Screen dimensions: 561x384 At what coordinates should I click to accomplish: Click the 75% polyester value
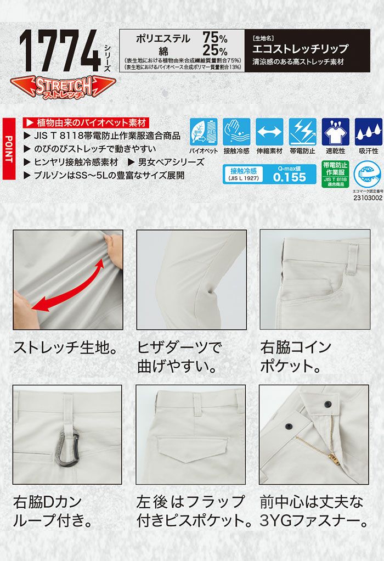[214, 37]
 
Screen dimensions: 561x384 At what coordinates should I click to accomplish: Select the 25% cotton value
[214, 51]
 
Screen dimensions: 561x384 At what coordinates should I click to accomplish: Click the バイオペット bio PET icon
[204, 132]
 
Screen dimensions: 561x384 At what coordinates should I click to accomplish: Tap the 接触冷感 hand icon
[236, 132]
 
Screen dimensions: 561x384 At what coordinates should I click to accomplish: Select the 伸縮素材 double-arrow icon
[269, 132]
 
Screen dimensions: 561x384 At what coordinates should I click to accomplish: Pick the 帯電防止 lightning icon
[302, 132]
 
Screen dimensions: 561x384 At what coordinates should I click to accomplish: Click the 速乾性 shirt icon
[335, 132]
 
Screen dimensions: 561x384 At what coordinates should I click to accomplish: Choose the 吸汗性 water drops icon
[368, 132]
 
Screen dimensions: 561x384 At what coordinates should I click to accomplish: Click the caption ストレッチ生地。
[65, 347]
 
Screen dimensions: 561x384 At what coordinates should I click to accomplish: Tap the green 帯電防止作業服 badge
[335, 175]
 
